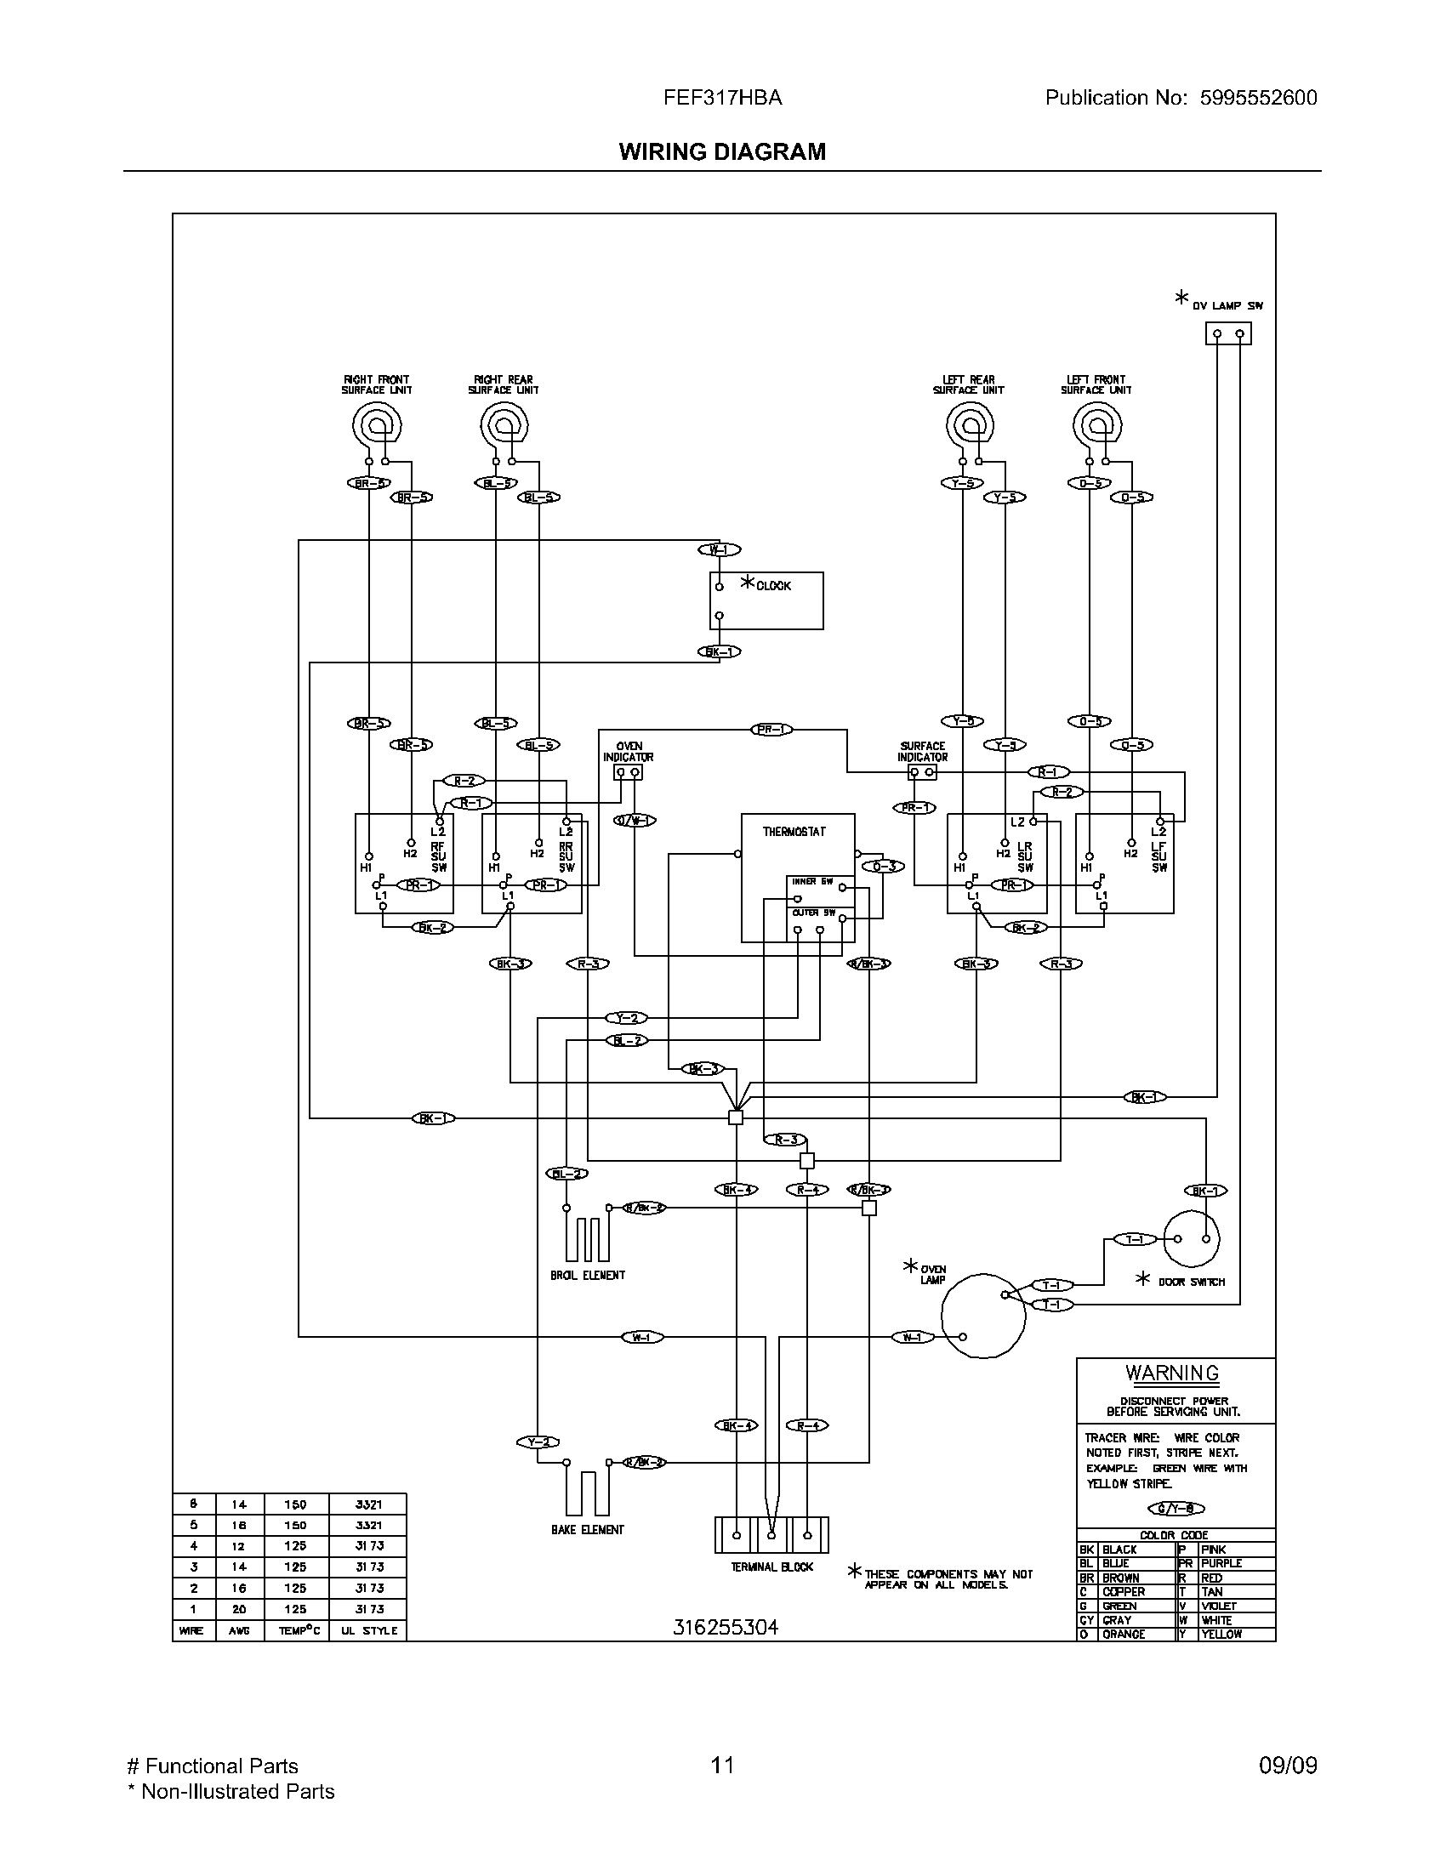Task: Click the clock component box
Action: coord(766,601)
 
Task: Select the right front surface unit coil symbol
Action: coord(377,425)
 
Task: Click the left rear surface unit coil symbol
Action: coord(969,425)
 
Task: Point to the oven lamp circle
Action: coord(982,1315)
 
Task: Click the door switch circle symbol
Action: coord(1192,1239)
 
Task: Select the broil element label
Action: coord(588,1276)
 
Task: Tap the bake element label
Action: coord(588,1530)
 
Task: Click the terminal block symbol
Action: coord(771,1535)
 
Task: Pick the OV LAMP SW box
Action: coord(1227,333)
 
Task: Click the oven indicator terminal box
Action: coord(628,773)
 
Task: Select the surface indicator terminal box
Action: coord(922,773)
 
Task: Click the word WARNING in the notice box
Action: coord(1172,1373)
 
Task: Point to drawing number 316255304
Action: coord(725,1628)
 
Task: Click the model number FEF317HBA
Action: coord(722,98)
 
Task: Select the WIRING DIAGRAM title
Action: coord(722,151)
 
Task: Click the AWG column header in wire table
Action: coord(239,1631)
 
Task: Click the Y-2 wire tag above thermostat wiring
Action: coord(627,1018)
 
